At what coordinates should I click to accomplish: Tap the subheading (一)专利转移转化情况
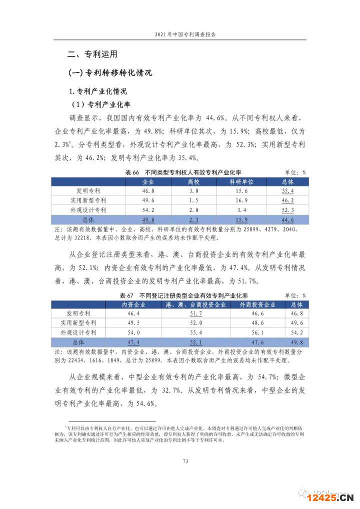110,73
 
